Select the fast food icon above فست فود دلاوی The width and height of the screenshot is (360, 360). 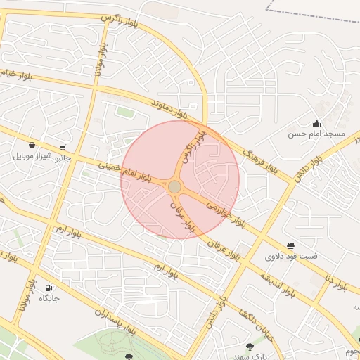coord(291,245)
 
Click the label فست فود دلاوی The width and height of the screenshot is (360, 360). coord(291,256)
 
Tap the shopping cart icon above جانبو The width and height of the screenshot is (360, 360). coord(63,147)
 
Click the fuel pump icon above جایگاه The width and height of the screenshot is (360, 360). coord(49,288)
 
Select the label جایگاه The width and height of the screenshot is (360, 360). coord(49,298)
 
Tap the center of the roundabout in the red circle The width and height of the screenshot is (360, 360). coord(174,186)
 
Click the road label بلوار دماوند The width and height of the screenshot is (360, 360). coord(169,108)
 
